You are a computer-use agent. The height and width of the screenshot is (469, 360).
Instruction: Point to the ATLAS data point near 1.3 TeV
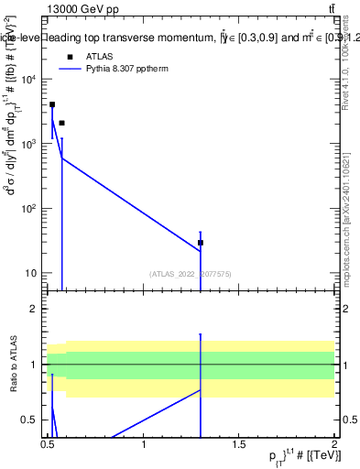click(x=201, y=243)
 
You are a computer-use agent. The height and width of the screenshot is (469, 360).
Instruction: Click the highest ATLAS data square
click(x=52, y=104)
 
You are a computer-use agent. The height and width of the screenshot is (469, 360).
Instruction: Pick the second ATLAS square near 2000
click(x=61, y=123)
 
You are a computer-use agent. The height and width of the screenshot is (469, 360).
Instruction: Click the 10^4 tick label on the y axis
click(x=29, y=80)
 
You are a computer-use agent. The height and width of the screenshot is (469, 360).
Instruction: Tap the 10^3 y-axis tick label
click(x=29, y=145)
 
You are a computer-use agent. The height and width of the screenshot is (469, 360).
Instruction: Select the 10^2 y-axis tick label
click(x=29, y=209)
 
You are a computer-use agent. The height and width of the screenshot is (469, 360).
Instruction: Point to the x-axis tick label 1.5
click(x=240, y=445)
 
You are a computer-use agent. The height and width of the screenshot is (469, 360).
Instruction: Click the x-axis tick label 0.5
click(x=49, y=445)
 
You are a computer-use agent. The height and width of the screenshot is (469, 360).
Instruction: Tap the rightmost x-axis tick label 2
click(x=335, y=445)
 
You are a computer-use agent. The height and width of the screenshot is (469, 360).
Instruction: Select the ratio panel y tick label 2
click(x=38, y=309)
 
